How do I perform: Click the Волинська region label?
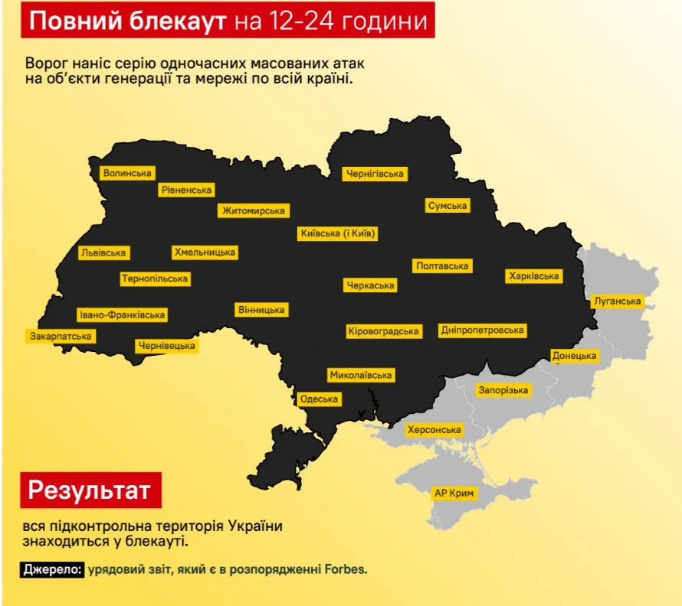[127, 174]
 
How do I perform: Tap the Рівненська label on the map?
[187, 190]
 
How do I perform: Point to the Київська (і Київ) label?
[338, 233]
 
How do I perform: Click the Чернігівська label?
[374, 174]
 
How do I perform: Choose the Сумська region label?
[448, 206]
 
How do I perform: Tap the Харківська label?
[533, 275]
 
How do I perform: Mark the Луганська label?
[617, 301]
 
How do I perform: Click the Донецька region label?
[574, 356]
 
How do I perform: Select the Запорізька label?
[503, 390]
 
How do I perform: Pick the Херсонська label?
[434, 430]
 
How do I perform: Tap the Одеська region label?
[319, 399]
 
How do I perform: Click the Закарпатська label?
[61, 336]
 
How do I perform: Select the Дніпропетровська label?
[483, 331]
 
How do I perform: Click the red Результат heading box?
[90, 490]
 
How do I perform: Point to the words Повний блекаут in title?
[127, 21]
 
